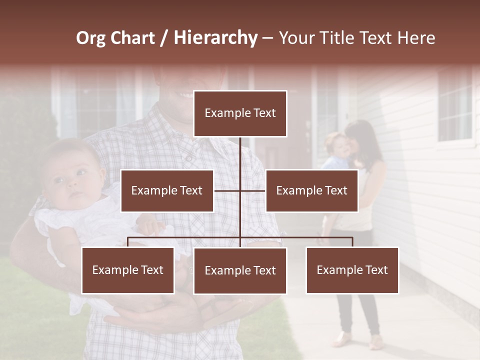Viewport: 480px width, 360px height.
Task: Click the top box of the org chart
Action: tap(240, 113)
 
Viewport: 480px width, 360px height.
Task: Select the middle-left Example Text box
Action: tap(167, 190)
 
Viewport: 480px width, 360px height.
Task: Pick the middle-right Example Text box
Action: tap(311, 190)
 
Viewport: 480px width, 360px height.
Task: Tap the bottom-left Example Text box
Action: tap(128, 270)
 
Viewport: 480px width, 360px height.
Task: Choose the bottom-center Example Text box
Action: tap(240, 271)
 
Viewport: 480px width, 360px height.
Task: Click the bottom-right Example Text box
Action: tap(352, 270)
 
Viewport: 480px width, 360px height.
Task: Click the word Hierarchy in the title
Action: tap(215, 38)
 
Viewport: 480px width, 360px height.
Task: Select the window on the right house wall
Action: tap(455, 107)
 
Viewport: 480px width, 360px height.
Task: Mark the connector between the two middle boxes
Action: tap(240, 190)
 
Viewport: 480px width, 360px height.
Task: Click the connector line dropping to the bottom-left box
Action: tap(128, 242)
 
